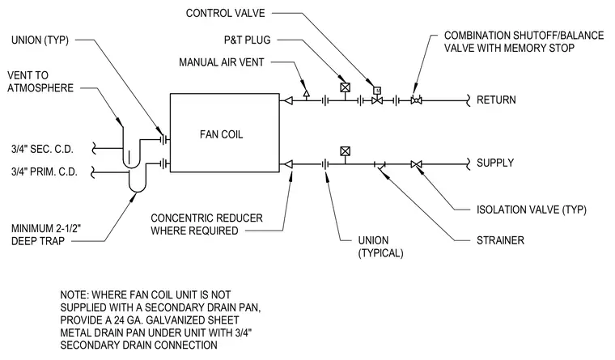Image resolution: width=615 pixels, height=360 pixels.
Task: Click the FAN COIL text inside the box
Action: pyautogui.click(x=221, y=134)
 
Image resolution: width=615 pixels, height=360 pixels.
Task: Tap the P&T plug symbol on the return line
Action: pyautogui.click(x=346, y=87)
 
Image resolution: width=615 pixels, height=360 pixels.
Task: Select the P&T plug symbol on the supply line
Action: pyautogui.click(x=346, y=151)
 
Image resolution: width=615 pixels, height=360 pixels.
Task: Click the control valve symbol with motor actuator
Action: pyautogui.click(x=377, y=96)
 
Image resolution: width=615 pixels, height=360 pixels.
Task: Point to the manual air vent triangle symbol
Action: pyautogui.click(x=307, y=93)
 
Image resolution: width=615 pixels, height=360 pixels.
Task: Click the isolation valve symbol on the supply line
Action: pyautogui.click(x=416, y=164)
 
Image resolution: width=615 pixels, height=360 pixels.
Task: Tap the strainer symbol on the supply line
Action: pyautogui.click(x=380, y=166)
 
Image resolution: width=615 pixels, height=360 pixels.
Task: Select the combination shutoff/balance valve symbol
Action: pyautogui.click(x=416, y=100)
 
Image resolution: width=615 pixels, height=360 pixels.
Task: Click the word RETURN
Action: pyautogui.click(x=496, y=100)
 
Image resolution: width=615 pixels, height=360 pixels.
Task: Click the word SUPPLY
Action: pyautogui.click(x=495, y=163)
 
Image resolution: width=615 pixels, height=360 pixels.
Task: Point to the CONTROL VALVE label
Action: pyautogui.click(x=226, y=13)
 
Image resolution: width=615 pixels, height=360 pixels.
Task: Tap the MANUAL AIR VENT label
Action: pyautogui.click(x=222, y=62)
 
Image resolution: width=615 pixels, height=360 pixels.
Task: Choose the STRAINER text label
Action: pyautogui.click(x=500, y=240)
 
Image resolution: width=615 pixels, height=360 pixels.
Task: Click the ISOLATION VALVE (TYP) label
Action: pyautogui.click(x=532, y=210)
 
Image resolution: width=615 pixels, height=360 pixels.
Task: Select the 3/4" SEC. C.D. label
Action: pyautogui.click(x=42, y=149)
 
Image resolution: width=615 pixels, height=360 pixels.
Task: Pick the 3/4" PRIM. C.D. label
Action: pyautogui.click(x=45, y=172)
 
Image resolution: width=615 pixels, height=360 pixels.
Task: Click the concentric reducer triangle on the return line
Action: pyautogui.click(x=288, y=101)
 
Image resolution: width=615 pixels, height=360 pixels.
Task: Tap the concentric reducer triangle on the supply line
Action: pyautogui.click(x=288, y=164)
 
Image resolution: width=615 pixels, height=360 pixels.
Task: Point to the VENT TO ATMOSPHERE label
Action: pyautogui.click(x=40, y=82)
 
